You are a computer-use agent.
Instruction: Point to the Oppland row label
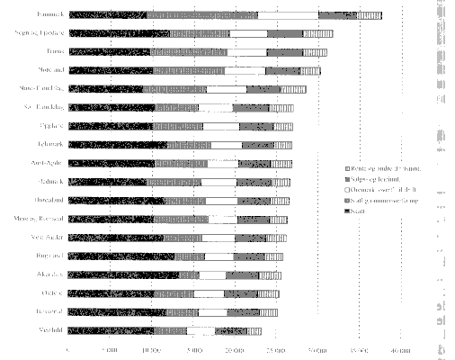click(x=50, y=126)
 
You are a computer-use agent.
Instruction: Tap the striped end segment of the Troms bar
click(x=315, y=51)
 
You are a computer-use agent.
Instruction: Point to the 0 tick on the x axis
click(x=69, y=351)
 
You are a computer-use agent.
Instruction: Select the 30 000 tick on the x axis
click(x=317, y=351)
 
